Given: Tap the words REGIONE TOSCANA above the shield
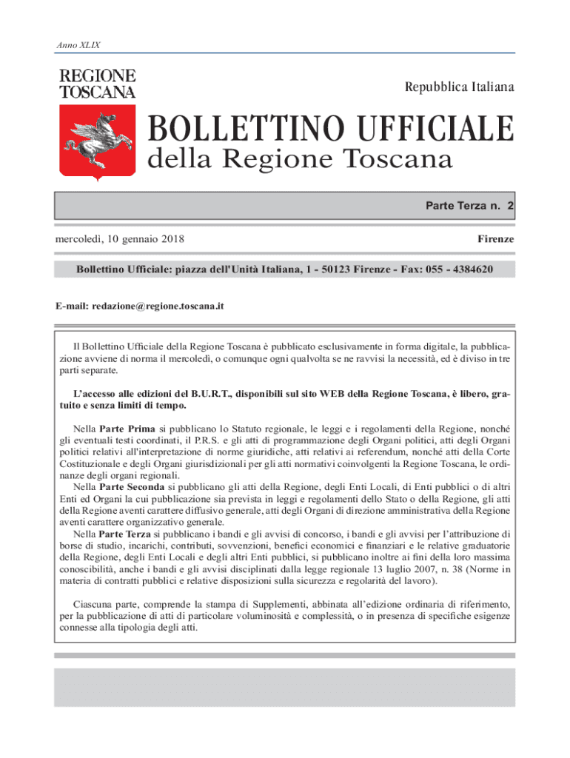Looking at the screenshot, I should pos(98,84).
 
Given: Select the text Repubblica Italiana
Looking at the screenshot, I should pos(459,87).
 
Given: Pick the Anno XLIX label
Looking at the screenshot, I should pos(78,45).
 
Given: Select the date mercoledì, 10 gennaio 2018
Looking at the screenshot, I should pos(120,239).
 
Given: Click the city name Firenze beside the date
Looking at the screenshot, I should pos(495,239).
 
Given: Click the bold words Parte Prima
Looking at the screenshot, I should pos(127,429).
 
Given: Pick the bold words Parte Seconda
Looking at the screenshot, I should pos(133,488).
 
